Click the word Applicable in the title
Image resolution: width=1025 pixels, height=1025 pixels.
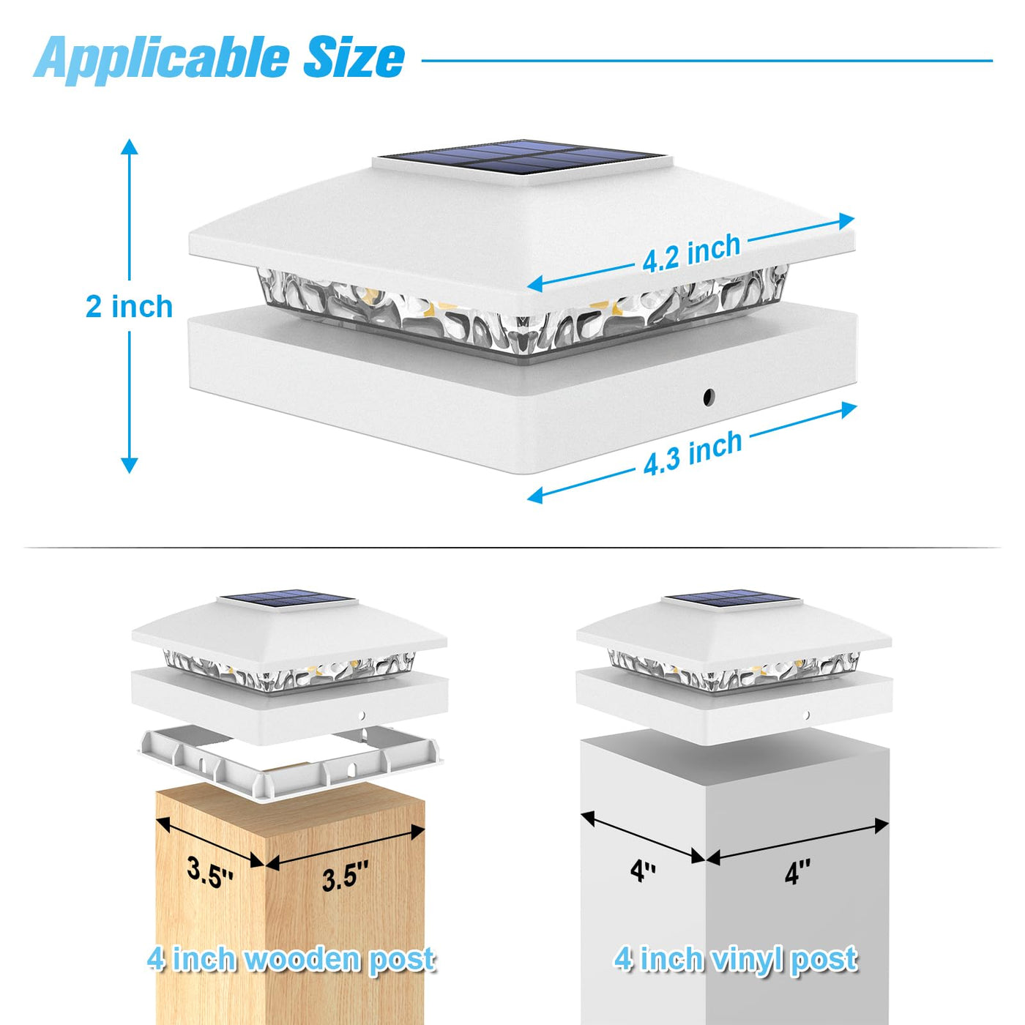coord(162,59)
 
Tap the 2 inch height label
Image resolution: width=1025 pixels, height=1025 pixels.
coord(130,307)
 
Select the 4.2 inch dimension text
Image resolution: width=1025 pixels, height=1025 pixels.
coord(691,253)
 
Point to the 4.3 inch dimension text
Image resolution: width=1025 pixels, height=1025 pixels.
coord(693,453)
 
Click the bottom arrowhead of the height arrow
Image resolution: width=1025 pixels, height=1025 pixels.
coord(130,466)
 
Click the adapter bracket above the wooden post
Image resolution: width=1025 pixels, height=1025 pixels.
coord(291,761)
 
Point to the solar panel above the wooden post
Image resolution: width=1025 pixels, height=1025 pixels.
coord(288,599)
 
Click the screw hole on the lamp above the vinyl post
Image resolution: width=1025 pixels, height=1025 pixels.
coord(806,715)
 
